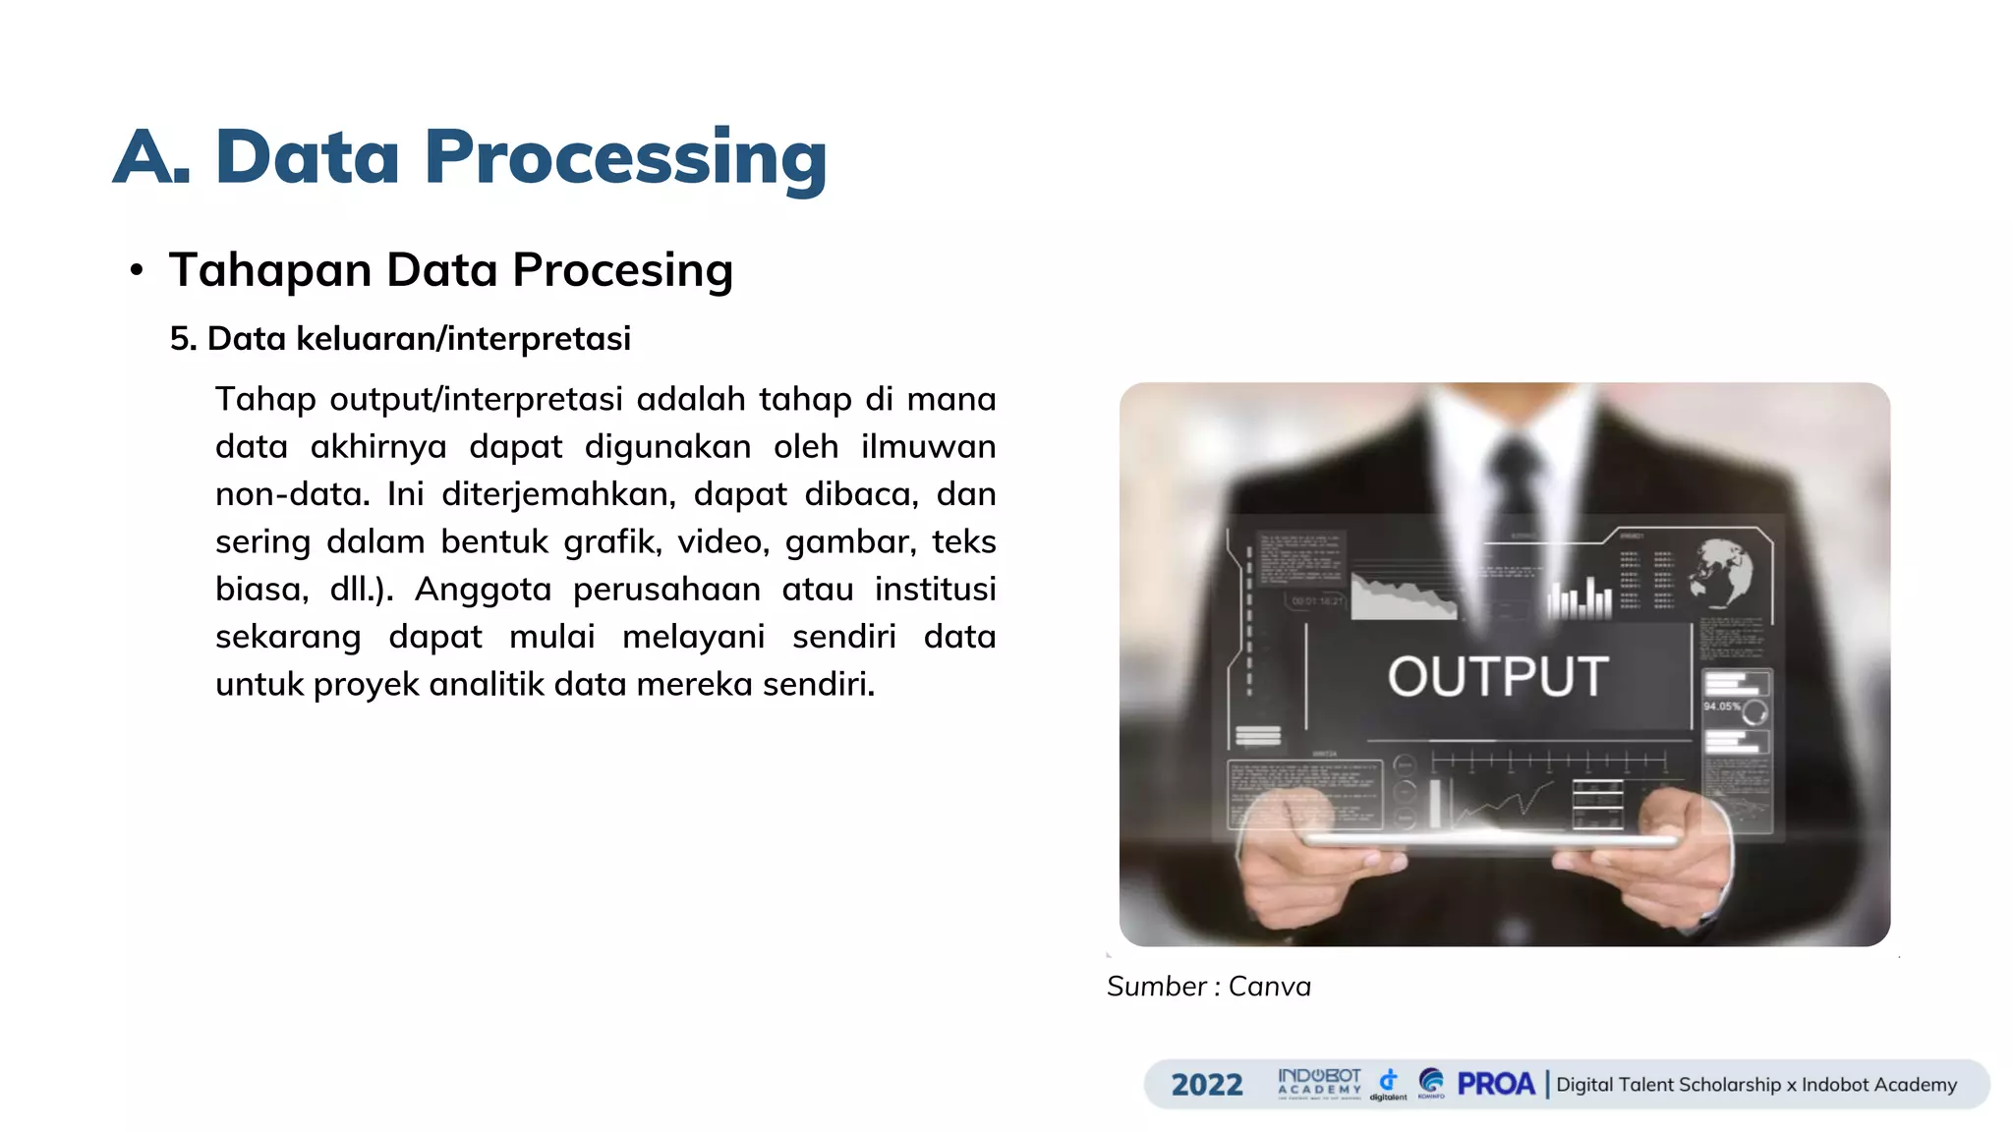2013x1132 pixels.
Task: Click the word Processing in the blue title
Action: point(625,157)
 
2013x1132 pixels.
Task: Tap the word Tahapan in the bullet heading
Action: point(270,270)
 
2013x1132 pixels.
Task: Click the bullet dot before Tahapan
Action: point(137,270)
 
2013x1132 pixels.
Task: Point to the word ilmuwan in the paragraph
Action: point(928,447)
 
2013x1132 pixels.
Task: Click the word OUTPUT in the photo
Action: point(1498,677)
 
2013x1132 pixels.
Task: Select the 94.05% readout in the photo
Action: point(1722,707)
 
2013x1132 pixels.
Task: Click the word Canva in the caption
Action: point(1269,987)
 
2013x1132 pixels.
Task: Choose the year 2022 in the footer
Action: point(1207,1085)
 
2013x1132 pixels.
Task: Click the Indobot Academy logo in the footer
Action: point(1319,1083)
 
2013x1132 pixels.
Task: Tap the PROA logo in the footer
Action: point(1495,1084)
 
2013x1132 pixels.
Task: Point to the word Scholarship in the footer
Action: point(1729,1085)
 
